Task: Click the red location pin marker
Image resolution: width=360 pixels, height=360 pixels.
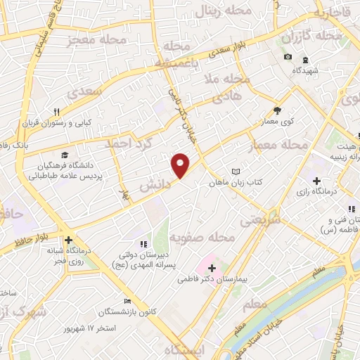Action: pos(181,165)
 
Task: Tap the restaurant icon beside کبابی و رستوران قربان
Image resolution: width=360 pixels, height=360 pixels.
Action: pos(57,111)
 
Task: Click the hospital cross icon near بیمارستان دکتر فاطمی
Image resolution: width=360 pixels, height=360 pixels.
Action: pos(212,268)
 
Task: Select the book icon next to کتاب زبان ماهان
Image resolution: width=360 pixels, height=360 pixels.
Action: pos(236,172)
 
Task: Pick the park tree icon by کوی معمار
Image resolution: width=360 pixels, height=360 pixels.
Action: pos(277,110)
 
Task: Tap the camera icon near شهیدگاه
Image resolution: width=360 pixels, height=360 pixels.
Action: pos(287,57)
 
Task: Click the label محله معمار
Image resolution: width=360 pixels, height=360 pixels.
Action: pos(279,145)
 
